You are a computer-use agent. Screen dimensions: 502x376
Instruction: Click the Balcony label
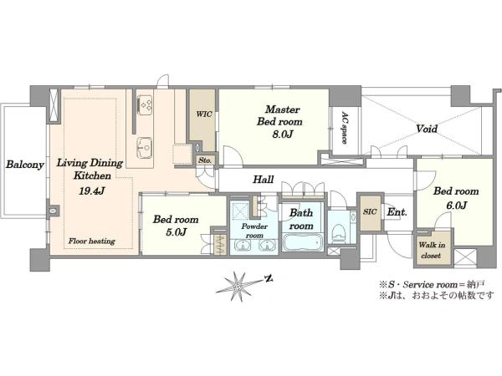coord(25,165)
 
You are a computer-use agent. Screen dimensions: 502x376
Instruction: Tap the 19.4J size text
coord(92,191)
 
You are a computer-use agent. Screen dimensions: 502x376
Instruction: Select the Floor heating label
coord(91,241)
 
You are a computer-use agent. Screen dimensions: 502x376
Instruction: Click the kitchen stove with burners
coord(145,104)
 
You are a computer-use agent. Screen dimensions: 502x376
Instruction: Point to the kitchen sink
coord(145,148)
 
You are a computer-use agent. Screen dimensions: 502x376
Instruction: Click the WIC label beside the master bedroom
coord(204,114)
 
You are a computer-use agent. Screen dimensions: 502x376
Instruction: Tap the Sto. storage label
coord(205,160)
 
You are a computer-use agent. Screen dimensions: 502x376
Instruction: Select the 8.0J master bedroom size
coord(283,135)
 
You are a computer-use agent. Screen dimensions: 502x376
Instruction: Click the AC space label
coord(345,128)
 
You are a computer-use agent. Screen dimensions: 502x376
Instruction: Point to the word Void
coord(427,129)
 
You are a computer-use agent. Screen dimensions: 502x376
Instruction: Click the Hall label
coord(264,179)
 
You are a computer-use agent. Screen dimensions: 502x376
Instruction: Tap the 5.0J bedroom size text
coord(176,231)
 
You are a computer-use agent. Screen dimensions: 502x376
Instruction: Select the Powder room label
coord(254,231)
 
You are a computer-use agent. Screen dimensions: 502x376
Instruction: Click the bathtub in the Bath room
coord(302,244)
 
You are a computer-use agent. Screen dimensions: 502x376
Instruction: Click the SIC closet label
coord(370,211)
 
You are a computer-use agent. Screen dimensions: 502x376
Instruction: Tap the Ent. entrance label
coord(397,211)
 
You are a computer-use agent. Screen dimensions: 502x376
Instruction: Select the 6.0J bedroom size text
coord(457,206)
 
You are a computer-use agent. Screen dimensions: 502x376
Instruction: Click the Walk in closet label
coord(432,250)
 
